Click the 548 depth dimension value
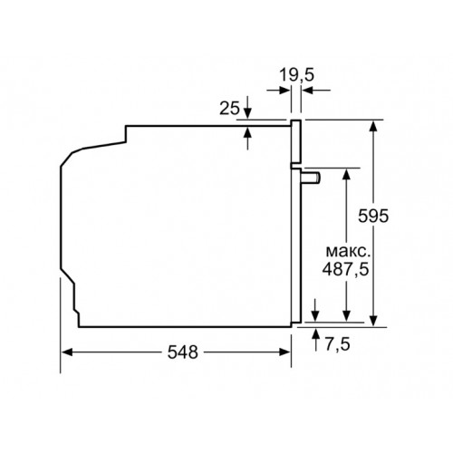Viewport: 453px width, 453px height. pos(183,352)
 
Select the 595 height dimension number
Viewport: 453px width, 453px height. pos(373,216)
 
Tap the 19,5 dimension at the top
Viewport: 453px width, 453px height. pos(296,74)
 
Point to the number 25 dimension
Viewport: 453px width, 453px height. pos(229,108)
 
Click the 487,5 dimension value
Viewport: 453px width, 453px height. pos(345,268)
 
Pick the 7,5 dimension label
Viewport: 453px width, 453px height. pos(337,343)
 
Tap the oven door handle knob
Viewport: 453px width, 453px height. pos(311,178)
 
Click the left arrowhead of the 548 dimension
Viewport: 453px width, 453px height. pos(67,352)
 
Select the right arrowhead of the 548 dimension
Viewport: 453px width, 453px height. pos(284,352)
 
